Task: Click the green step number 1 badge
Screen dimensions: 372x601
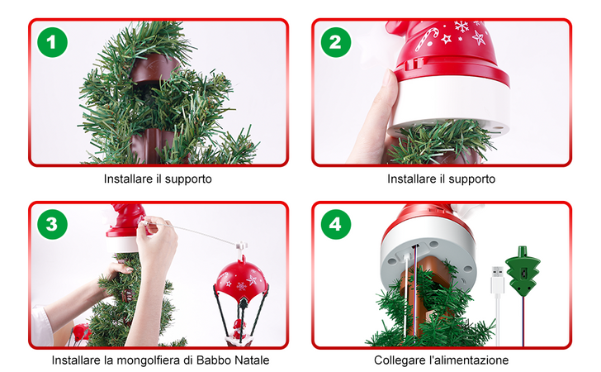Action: [52, 43]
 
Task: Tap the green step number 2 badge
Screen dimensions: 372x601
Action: [334, 43]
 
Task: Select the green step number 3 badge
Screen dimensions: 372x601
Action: [52, 224]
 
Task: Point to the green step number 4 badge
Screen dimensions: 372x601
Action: [334, 224]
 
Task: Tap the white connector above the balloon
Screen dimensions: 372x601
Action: [241, 246]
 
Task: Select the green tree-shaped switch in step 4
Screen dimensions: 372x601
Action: [522, 272]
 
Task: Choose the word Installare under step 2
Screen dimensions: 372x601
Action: [413, 179]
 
